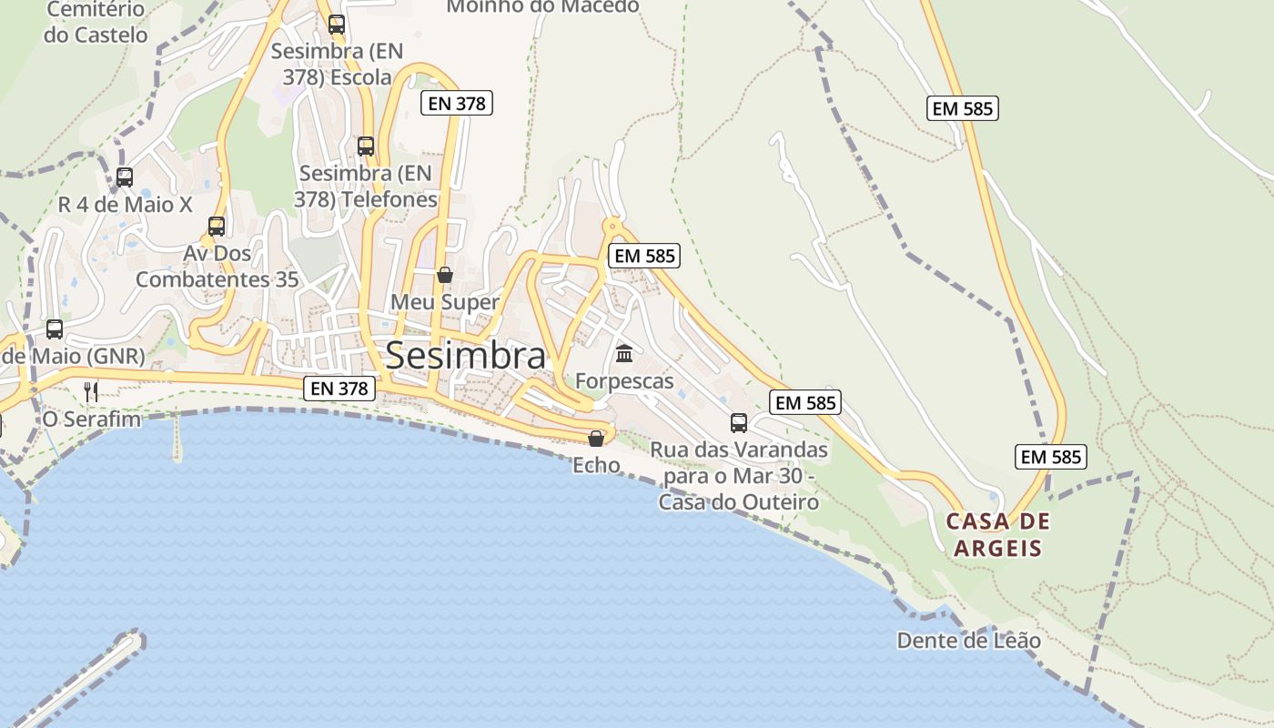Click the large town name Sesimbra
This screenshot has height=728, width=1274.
[x=466, y=356]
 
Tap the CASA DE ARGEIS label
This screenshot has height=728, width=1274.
[x=997, y=535]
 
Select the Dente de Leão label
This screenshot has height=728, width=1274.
[x=968, y=641]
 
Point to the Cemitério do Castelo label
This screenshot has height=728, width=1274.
[x=96, y=23]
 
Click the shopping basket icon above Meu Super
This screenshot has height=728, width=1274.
[x=445, y=275]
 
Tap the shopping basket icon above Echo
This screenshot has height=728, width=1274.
[x=596, y=440]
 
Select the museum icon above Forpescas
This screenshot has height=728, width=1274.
[x=624, y=353]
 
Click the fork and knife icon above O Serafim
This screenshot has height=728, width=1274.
[x=90, y=392]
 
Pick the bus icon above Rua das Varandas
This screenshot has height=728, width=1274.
[x=739, y=423]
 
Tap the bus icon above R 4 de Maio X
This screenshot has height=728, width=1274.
[x=125, y=177]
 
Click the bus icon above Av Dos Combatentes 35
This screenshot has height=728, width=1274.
[x=217, y=227]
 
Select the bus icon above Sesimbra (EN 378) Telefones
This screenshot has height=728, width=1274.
[x=366, y=146]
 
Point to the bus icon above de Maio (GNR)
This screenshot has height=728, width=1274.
[x=55, y=329]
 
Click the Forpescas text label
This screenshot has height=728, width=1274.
[x=624, y=380]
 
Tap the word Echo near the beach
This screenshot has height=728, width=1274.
[x=596, y=465]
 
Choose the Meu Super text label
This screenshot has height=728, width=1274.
[x=445, y=301]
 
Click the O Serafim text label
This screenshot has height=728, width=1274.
[x=92, y=420]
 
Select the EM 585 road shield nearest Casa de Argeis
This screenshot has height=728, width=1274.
[x=1051, y=456]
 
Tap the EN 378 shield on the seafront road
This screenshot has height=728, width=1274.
[x=339, y=389]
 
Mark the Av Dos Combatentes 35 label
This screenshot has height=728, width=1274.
[x=217, y=266]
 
